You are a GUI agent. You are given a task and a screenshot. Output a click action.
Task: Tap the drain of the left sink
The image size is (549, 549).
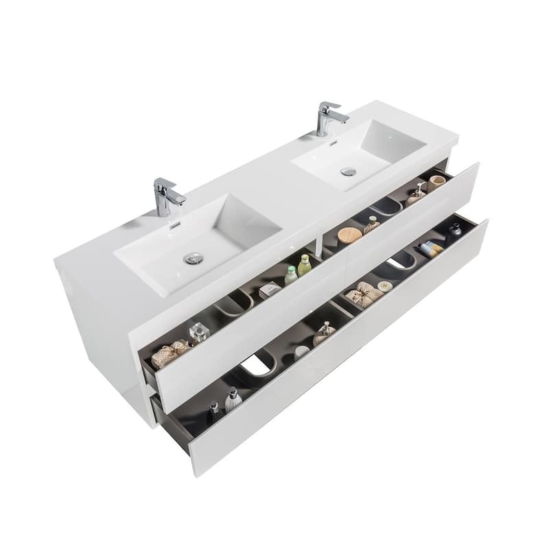(194, 258)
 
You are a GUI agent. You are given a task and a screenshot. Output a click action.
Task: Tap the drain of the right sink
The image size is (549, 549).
(349, 171)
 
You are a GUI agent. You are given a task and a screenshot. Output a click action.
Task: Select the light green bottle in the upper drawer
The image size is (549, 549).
(291, 275)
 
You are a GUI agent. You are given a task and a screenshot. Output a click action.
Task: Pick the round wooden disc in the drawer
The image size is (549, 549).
(349, 235)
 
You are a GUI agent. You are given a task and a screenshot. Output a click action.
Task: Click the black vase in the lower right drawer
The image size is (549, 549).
(455, 231)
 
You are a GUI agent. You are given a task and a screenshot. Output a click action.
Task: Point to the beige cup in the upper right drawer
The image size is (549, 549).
(436, 183)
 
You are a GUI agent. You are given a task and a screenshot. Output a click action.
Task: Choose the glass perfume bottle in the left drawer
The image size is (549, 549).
(199, 333)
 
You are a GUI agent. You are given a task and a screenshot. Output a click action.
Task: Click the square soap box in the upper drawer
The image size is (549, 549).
(270, 290)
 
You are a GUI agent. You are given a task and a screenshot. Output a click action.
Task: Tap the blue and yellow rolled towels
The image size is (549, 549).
(431, 249)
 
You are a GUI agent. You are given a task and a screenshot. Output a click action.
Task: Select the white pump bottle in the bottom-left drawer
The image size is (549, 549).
(233, 399)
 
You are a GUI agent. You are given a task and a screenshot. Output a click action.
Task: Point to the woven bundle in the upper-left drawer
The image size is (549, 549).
(169, 354)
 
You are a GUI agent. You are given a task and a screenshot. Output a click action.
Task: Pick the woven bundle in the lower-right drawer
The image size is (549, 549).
(362, 294)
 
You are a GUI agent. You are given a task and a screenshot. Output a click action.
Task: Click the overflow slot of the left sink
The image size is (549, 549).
(174, 224)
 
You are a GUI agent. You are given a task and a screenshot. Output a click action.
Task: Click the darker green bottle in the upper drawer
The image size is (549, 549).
(304, 265)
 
